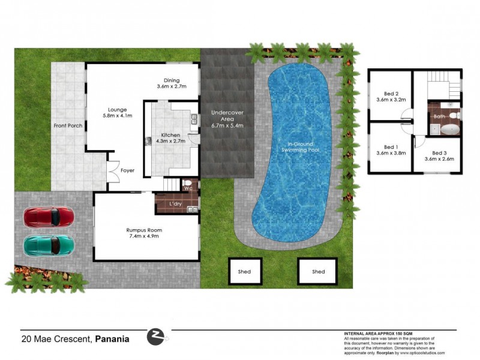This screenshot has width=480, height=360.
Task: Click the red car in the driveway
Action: point(49,217)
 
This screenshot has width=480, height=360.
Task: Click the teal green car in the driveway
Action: point(49,245)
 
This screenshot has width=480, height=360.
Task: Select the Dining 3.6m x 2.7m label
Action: point(172,83)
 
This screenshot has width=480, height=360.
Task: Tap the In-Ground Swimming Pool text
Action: point(302,147)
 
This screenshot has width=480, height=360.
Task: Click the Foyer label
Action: point(127,170)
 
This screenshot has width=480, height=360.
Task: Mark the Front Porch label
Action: point(67,125)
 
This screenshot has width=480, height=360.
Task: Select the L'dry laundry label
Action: point(176,205)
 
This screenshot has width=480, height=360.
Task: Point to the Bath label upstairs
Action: point(439,108)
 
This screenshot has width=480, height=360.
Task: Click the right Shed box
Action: point(318,272)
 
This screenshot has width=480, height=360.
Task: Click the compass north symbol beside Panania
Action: point(157,337)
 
